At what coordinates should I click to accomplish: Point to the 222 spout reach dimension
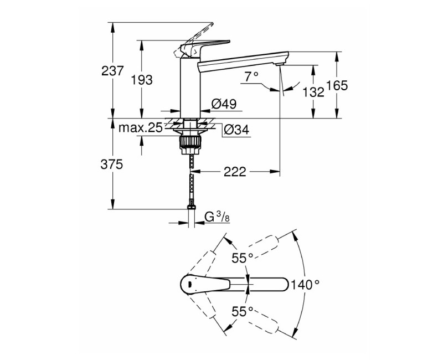pyautogui.click(x=235, y=172)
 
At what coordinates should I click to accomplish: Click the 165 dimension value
pyautogui.click(x=337, y=86)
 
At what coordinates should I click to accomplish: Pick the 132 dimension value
pyautogui.click(x=313, y=92)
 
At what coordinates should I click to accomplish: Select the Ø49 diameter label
pyautogui.click(x=224, y=104)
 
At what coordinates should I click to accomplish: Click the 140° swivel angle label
pyautogui.click(x=309, y=285)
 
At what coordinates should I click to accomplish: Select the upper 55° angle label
pyautogui.click(x=243, y=258)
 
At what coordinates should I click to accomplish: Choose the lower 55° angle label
pyautogui.click(x=243, y=311)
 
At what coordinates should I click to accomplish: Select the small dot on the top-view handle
pyautogui.click(x=190, y=285)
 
